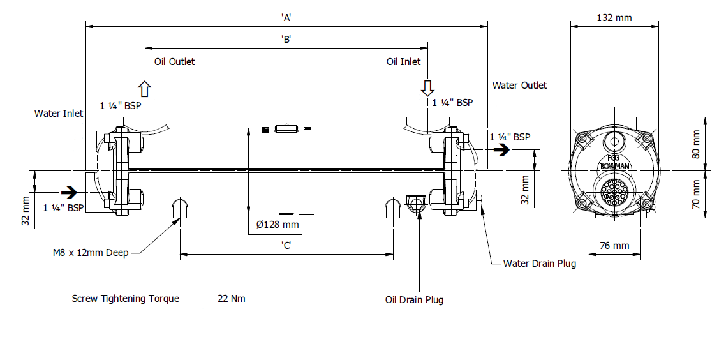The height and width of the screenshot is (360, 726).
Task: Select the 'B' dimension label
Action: [x=286, y=39]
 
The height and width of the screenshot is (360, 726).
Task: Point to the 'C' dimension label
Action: [x=286, y=245]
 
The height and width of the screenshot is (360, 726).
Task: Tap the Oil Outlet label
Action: [x=175, y=62]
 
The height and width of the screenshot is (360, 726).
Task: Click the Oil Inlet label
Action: [x=404, y=62]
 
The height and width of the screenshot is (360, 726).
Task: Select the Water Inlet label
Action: [x=59, y=114]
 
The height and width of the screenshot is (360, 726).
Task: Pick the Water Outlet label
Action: [x=519, y=86]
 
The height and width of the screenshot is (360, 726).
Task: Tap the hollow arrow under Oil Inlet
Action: [x=427, y=87]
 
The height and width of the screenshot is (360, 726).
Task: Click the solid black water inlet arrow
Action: [x=69, y=191]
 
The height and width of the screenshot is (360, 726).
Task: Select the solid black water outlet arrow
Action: [x=503, y=151]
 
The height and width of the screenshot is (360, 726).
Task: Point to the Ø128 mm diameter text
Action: [x=278, y=224]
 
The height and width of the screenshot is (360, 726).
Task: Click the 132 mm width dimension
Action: [x=614, y=18]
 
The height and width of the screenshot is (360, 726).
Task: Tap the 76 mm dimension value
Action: [x=614, y=246]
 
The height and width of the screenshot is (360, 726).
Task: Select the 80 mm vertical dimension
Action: [x=696, y=144]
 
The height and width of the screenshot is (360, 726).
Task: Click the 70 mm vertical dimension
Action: [x=696, y=195]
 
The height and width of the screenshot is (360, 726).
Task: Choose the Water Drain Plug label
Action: [x=540, y=264]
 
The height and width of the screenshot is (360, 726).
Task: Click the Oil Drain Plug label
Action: [x=414, y=299]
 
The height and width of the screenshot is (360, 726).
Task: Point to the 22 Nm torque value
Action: [x=231, y=299]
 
